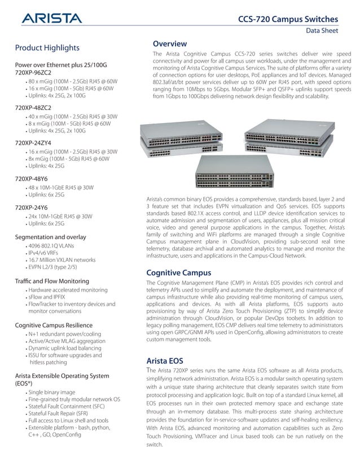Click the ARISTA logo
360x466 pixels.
click(51, 20)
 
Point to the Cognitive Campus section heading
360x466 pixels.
click(179, 273)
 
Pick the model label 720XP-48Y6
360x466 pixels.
click(32, 178)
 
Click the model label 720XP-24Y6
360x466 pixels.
click(32, 207)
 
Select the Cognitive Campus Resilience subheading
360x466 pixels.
click(54, 325)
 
